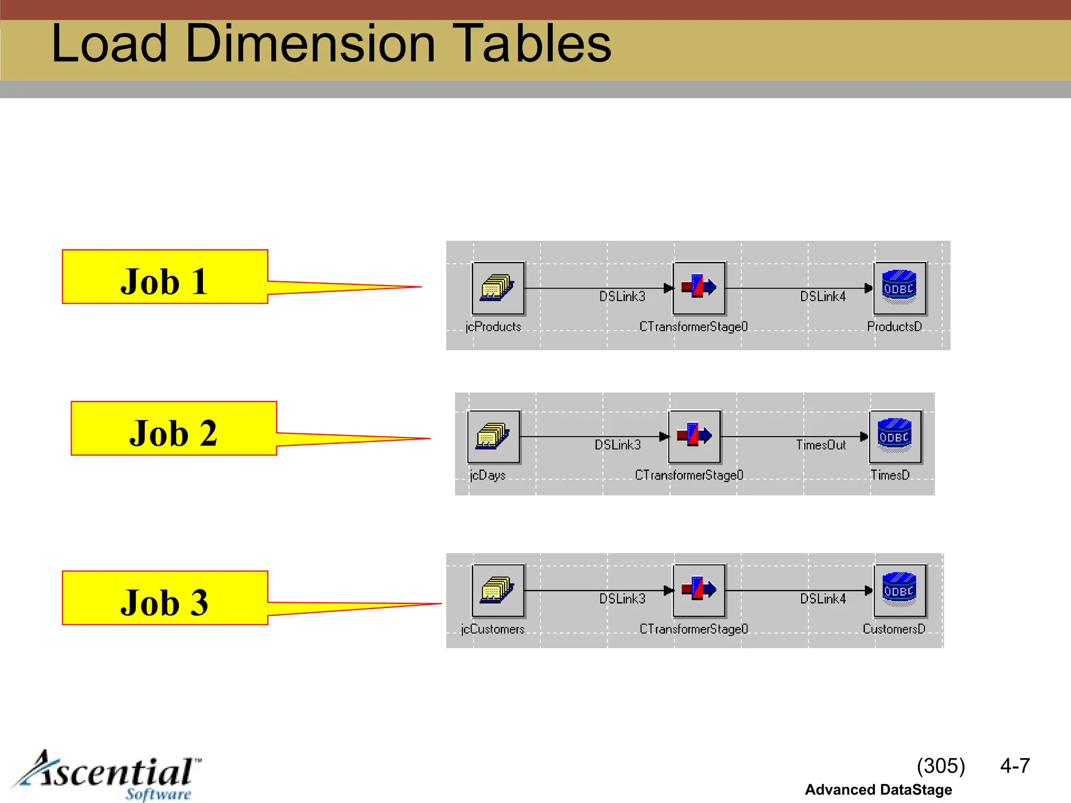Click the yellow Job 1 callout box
(x=165, y=277)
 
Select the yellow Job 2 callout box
(x=174, y=429)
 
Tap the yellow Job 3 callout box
(x=165, y=598)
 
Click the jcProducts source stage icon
(x=498, y=288)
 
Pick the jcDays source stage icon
(x=493, y=437)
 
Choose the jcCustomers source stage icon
(x=498, y=590)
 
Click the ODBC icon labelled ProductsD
(x=899, y=288)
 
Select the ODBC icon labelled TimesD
(x=895, y=437)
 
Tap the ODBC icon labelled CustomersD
(x=899, y=590)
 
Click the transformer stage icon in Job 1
(x=699, y=288)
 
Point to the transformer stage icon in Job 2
(x=694, y=437)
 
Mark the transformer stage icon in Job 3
(x=699, y=590)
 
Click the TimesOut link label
(x=821, y=445)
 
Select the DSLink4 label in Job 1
(x=823, y=297)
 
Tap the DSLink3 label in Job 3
(x=622, y=599)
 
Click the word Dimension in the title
(x=310, y=44)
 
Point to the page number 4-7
(x=1015, y=766)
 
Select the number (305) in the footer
(x=940, y=766)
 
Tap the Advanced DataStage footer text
(x=878, y=790)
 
